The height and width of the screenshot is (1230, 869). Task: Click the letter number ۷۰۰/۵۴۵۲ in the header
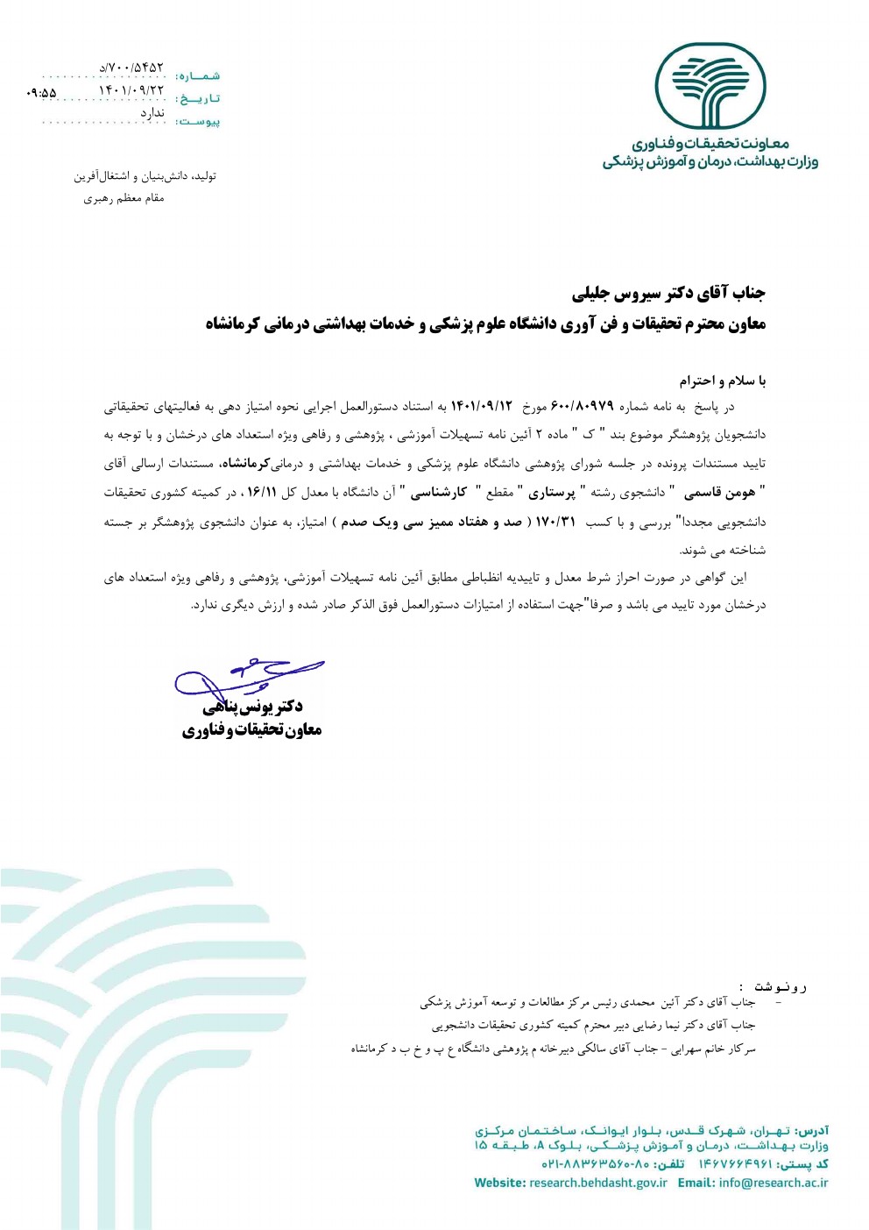[131, 68]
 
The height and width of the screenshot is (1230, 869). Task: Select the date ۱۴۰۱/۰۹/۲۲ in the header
[131, 89]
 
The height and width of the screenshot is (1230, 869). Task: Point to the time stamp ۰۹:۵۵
[41, 92]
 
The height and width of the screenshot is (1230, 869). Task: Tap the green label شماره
[198, 77]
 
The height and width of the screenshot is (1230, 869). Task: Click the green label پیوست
[198, 122]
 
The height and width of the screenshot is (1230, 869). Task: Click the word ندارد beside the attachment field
[152, 113]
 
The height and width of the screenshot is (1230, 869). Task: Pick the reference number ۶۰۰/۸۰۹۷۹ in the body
[582, 407]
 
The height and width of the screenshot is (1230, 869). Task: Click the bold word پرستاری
[552, 493]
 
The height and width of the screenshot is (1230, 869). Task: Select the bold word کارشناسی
[439, 493]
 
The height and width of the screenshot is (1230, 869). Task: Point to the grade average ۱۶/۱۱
[261, 493]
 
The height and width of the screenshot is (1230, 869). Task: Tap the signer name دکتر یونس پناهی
[253, 707]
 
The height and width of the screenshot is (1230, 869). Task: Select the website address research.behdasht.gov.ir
[598, 1183]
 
